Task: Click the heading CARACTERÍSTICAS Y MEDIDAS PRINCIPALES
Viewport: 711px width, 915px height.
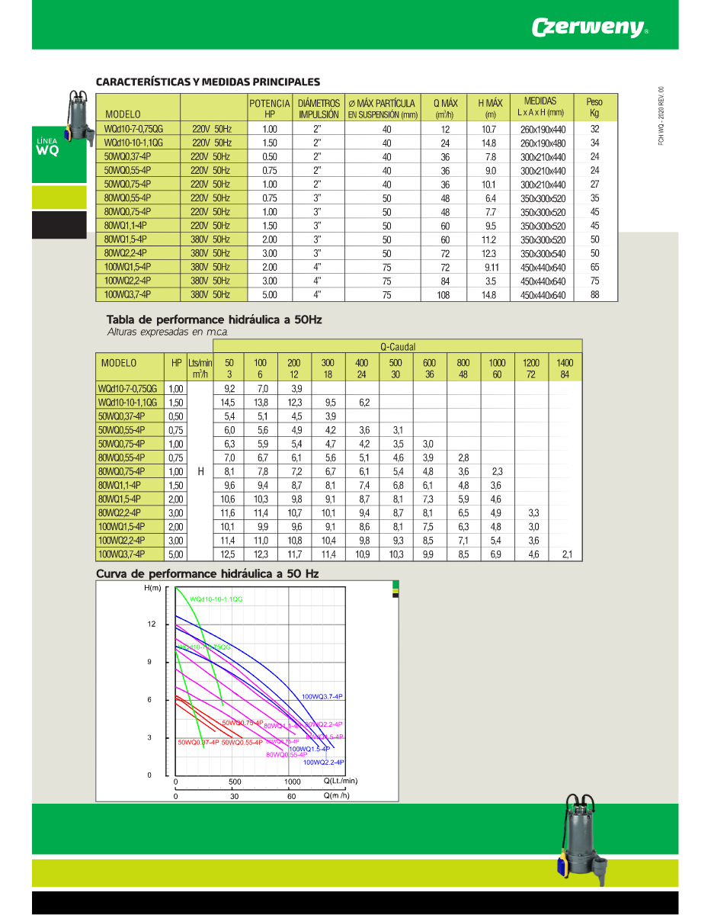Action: tap(207, 82)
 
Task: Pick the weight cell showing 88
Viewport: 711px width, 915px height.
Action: tap(594, 295)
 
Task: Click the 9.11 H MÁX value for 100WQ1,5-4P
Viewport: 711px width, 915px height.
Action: tap(491, 268)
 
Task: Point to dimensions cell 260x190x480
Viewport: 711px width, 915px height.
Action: tap(543, 143)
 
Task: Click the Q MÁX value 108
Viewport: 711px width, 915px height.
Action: tap(445, 295)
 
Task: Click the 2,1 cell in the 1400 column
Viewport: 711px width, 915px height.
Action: tap(565, 554)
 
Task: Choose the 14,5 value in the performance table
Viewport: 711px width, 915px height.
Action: tap(228, 403)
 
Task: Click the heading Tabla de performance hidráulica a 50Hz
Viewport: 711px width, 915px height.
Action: tap(214, 319)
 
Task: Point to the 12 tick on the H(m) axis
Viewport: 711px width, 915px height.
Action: tap(152, 624)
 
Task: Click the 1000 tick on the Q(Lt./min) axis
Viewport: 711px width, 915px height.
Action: tap(293, 782)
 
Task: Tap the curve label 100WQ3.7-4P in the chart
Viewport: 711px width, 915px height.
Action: tap(322, 697)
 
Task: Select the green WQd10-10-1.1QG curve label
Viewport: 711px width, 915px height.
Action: tap(216, 600)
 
